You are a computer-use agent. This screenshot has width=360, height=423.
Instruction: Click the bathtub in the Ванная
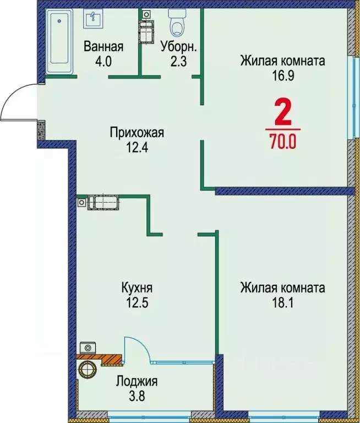click(57, 41)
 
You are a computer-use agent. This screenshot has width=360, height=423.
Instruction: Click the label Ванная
click(103, 47)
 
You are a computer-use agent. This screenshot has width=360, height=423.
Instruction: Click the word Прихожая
click(137, 132)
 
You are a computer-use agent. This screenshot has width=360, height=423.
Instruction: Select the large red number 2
click(283, 115)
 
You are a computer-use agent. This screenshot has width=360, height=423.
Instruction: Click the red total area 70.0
click(283, 142)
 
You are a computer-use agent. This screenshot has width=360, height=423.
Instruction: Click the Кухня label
click(137, 288)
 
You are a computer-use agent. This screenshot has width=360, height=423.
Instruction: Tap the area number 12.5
click(137, 302)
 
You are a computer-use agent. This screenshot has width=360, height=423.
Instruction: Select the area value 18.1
click(282, 302)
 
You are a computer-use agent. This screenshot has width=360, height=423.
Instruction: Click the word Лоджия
click(137, 381)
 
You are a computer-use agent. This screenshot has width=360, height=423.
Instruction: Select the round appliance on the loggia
click(88, 370)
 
